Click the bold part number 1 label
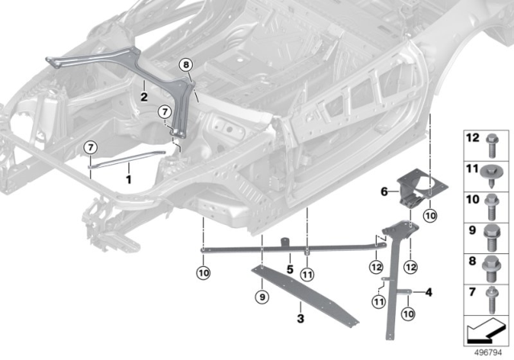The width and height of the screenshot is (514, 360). pyautogui.click(x=128, y=181)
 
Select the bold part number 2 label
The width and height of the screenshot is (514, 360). pyautogui.click(x=144, y=96)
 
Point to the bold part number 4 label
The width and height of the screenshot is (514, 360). pyautogui.click(x=429, y=292)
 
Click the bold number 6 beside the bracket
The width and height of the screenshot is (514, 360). pyautogui.click(x=384, y=191)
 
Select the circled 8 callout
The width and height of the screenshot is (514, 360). pyautogui.click(x=186, y=65)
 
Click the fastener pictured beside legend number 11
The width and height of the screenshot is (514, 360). pyautogui.click(x=492, y=173)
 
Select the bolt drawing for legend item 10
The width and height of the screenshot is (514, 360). pyautogui.click(x=492, y=201)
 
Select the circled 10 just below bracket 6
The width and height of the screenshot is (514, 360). pyautogui.click(x=430, y=215)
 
